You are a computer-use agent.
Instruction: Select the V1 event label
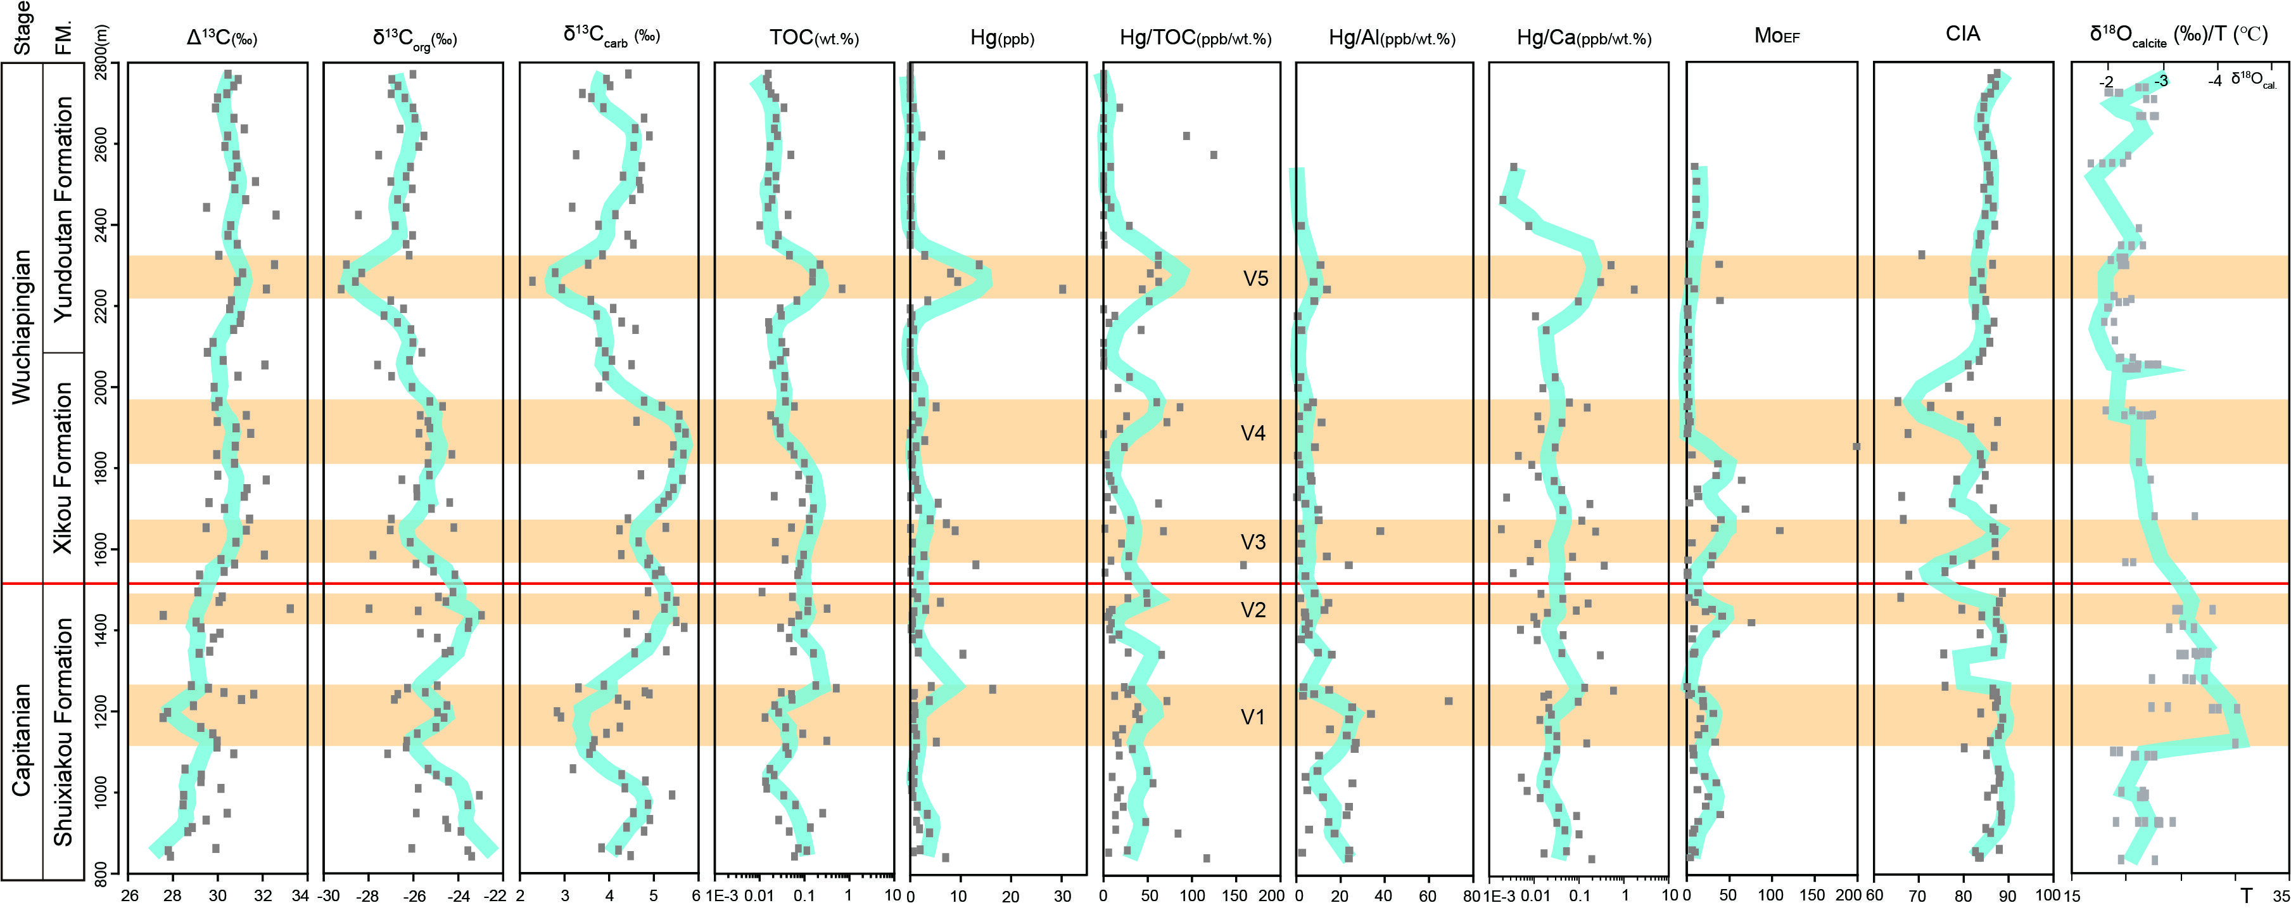click(x=1252, y=717)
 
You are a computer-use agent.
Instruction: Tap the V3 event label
click(x=1253, y=542)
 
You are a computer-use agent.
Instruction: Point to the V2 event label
click(x=1253, y=610)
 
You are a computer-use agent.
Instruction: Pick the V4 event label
click(x=1253, y=433)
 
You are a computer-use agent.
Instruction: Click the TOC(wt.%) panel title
click(x=814, y=37)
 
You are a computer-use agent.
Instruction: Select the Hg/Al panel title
click(x=1392, y=37)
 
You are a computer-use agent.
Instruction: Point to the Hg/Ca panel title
click(x=1584, y=37)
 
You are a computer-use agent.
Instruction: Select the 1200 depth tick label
click(x=99, y=714)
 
